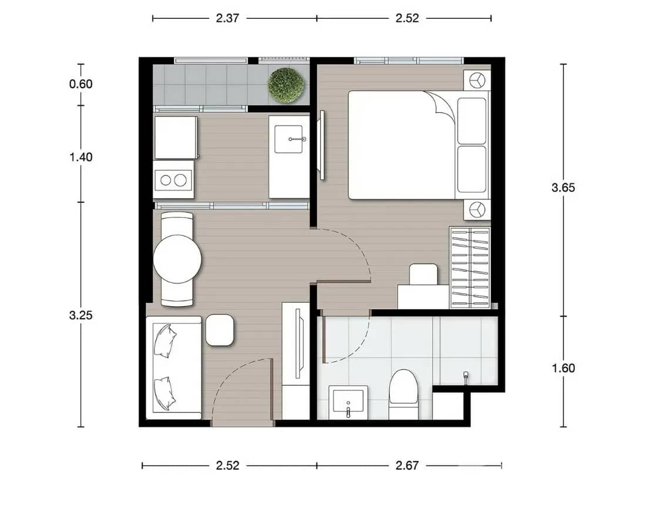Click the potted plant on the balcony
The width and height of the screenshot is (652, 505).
pyautogui.click(x=285, y=85)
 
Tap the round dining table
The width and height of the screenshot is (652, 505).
pyautogui.click(x=177, y=259)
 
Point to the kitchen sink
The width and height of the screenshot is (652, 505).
pyautogui.click(x=289, y=139)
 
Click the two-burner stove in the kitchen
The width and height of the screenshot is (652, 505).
pyautogui.click(x=173, y=180)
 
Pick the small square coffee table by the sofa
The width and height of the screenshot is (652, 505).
pyautogui.click(x=220, y=330)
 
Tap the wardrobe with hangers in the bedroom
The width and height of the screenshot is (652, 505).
pyautogui.click(x=469, y=267)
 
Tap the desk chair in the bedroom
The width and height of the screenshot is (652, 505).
pyautogui.click(x=423, y=274)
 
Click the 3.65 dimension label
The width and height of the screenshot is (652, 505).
pyautogui.click(x=563, y=188)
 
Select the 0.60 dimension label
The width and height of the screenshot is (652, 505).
pyautogui.click(x=81, y=84)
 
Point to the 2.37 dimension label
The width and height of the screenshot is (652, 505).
pyautogui.click(x=227, y=18)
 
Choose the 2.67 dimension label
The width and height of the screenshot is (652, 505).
pyautogui.click(x=407, y=466)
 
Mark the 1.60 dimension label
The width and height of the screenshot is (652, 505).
pyautogui.click(x=563, y=369)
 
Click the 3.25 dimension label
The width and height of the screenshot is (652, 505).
pyautogui.click(x=81, y=315)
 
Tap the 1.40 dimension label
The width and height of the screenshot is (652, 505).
pyautogui.click(x=81, y=157)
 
